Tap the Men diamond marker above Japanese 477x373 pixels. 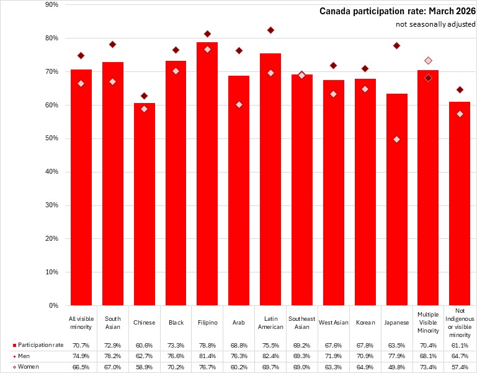(396, 46)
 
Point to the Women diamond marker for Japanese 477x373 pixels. (396, 139)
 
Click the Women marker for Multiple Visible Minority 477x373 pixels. (428, 60)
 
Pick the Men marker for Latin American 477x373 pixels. (270, 30)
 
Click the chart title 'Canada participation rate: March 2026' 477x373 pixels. (397, 11)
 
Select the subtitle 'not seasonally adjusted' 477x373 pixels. (435, 24)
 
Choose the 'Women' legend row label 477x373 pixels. (29, 367)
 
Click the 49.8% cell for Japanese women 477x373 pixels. (396, 367)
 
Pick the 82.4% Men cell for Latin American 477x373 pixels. (270, 356)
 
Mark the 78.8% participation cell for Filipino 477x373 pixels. (207, 344)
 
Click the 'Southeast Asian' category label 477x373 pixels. (302, 323)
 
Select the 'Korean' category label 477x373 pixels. (365, 323)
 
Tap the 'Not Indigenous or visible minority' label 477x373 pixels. (460, 323)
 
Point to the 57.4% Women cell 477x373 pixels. (460, 367)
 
